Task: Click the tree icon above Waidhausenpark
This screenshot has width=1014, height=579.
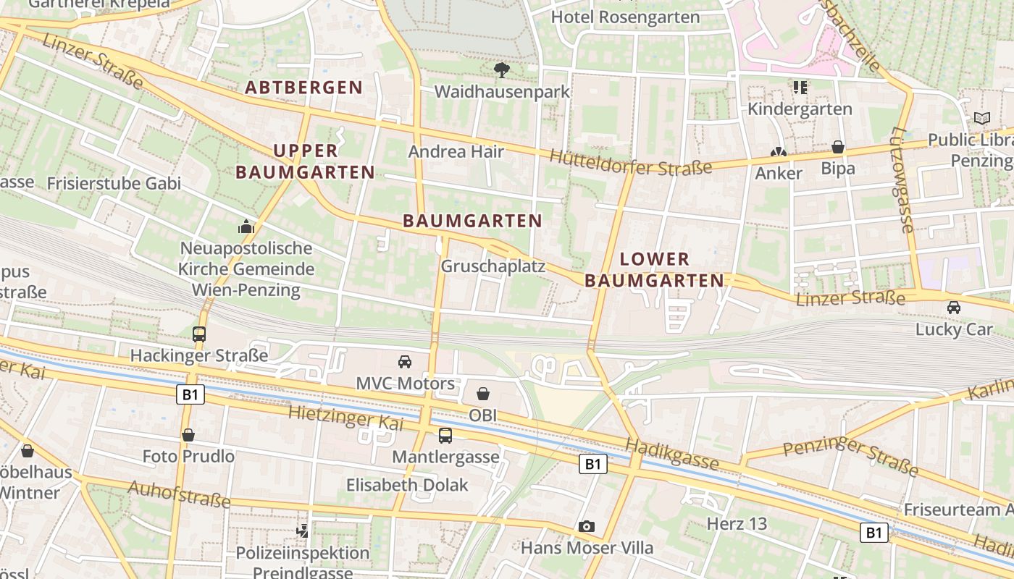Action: coord(501,70)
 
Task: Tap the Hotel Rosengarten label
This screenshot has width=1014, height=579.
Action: coord(626,17)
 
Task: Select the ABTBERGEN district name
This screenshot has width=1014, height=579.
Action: coord(304,88)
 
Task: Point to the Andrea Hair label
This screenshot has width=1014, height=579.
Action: coord(456,151)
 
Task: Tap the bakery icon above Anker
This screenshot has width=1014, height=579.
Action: coord(779,153)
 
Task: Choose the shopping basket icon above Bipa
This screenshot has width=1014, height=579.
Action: coord(838,147)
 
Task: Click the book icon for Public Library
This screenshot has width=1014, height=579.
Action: coord(981,118)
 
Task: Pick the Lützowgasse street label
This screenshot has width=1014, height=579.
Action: coord(902,180)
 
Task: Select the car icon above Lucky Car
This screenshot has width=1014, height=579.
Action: coord(954,308)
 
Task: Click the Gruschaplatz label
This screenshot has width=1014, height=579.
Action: coord(493,266)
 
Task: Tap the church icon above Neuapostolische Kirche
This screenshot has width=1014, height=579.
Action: coord(246,227)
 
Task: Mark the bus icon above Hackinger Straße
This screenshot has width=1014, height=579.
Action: coord(199,334)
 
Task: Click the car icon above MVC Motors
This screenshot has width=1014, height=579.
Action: coord(405,361)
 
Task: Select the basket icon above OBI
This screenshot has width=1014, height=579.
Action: coord(483,394)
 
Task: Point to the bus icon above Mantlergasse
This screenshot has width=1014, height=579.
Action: coord(445,435)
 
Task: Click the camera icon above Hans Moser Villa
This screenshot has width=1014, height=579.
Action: coord(587,526)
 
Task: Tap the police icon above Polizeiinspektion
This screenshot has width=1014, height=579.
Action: coord(303,531)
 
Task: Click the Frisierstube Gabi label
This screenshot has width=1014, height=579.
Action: coord(114,183)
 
